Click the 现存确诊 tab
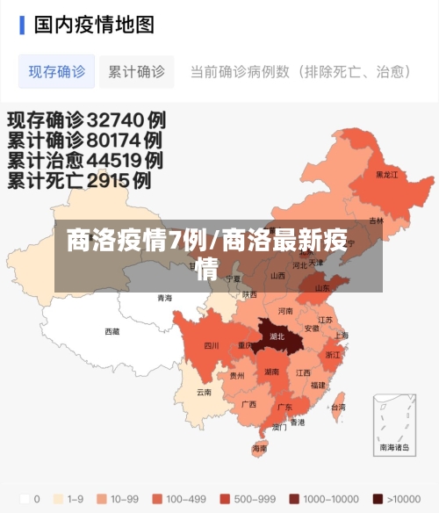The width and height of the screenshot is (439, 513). (x=57, y=71)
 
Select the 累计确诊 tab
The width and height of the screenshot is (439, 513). (x=136, y=71)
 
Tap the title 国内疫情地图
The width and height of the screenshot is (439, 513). (x=94, y=25)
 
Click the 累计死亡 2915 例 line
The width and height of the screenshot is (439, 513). (x=79, y=182)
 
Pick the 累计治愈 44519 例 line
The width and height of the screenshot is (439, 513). (x=84, y=161)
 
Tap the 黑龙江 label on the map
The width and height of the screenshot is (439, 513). (x=386, y=175)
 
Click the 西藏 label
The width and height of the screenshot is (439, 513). (x=112, y=331)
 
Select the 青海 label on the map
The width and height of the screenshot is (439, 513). (x=165, y=299)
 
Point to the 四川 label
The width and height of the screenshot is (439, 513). (x=212, y=345)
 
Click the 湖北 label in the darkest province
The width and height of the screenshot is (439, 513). (x=277, y=336)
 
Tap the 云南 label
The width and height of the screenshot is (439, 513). (x=204, y=392)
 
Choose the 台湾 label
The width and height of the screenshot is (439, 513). (x=338, y=408)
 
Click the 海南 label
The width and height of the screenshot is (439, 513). (x=260, y=448)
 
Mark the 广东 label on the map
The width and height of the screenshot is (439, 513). (x=285, y=408)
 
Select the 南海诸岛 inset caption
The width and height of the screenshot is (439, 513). (x=395, y=447)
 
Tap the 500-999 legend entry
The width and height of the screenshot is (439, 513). (x=250, y=499)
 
